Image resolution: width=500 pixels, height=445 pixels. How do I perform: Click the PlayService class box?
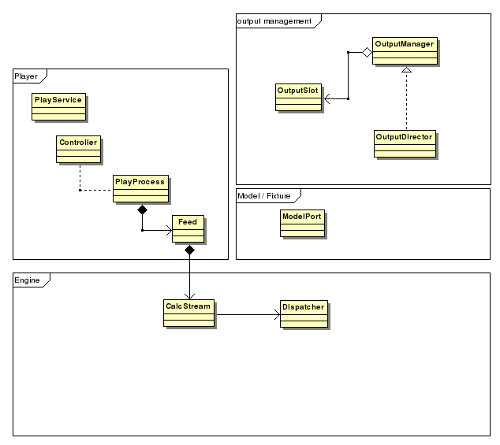(x=58, y=106)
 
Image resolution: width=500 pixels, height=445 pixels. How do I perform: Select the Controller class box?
(x=78, y=149)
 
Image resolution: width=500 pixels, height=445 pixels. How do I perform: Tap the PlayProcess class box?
(x=140, y=188)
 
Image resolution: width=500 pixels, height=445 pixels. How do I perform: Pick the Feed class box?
(x=188, y=229)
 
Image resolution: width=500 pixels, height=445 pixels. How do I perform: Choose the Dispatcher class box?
(x=303, y=313)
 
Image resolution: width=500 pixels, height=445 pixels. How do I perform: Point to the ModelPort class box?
(x=301, y=223)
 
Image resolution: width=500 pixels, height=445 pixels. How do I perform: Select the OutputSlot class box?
(x=298, y=98)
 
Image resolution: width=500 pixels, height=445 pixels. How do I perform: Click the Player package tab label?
(x=27, y=76)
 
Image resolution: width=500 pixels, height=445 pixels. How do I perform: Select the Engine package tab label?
(x=28, y=280)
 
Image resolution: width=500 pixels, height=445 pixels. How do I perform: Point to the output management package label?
(x=274, y=20)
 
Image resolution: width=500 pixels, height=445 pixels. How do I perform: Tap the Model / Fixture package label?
(x=263, y=195)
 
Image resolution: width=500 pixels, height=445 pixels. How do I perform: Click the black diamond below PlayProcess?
(x=142, y=210)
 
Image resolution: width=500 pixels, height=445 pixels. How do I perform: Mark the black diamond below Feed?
(x=189, y=250)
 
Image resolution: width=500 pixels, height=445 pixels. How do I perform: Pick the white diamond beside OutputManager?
(x=366, y=52)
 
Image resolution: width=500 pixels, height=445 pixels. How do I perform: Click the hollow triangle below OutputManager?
(x=405, y=71)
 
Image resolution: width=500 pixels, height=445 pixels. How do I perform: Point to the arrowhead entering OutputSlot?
(x=327, y=99)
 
